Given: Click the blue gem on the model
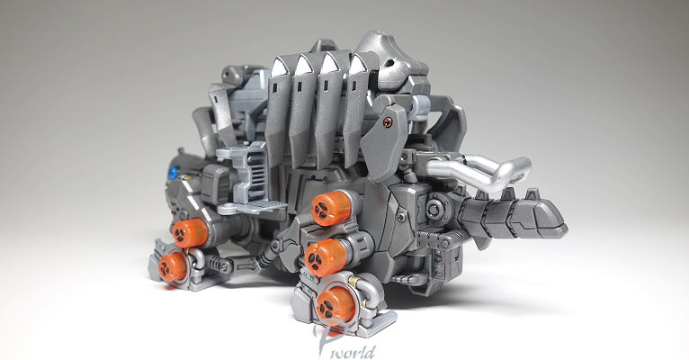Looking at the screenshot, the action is (x=174, y=172).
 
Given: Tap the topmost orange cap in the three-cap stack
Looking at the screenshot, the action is (x=332, y=209).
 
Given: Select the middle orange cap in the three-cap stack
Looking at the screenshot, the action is (x=326, y=257).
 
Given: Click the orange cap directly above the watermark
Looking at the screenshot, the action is (x=336, y=304).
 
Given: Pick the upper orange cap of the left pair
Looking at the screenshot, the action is (x=190, y=233).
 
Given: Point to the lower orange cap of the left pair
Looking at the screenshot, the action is (x=173, y=266).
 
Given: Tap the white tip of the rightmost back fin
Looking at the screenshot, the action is (x=359, y=65).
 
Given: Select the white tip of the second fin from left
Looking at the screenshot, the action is (x=303, y=67).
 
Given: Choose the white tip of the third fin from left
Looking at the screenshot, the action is (x=329, y=66).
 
